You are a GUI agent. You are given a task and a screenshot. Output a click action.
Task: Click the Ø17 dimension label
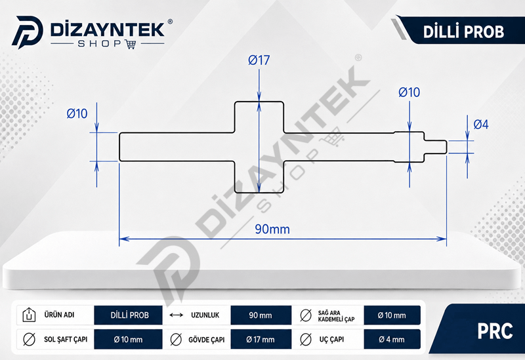(259, 60)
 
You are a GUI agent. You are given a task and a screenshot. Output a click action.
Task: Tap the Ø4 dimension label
(481, 125)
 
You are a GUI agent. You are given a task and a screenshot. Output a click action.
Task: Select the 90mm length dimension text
(272, 230)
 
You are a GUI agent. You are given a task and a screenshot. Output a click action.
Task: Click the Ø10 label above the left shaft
(77, 113)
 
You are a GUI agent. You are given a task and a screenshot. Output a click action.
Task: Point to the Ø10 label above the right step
(409, 92)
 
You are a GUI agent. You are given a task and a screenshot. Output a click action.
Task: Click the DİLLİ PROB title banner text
(463, 32)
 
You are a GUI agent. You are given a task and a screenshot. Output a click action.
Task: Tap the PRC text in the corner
(495, 331)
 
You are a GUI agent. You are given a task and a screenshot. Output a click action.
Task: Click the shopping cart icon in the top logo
(130, 44)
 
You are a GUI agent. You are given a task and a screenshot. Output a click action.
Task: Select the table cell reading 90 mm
(261, 315)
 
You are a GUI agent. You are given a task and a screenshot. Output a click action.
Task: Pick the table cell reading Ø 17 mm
(261, 339)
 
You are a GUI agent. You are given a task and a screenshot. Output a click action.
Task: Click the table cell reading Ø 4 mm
(392, 339)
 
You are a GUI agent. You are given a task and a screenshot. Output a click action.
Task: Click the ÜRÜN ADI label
(59, 315)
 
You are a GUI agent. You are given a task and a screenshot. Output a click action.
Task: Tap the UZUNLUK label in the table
(205, 315)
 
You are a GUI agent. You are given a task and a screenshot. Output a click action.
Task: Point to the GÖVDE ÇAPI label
(206, 340)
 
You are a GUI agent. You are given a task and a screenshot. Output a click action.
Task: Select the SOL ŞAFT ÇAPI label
(66, 339)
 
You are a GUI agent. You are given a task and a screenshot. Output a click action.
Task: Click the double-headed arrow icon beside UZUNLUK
(176, 315)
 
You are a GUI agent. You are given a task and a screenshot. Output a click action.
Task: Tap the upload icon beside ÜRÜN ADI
(29, 315)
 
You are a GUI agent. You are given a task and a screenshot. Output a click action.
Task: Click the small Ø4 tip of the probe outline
(435, 147)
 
